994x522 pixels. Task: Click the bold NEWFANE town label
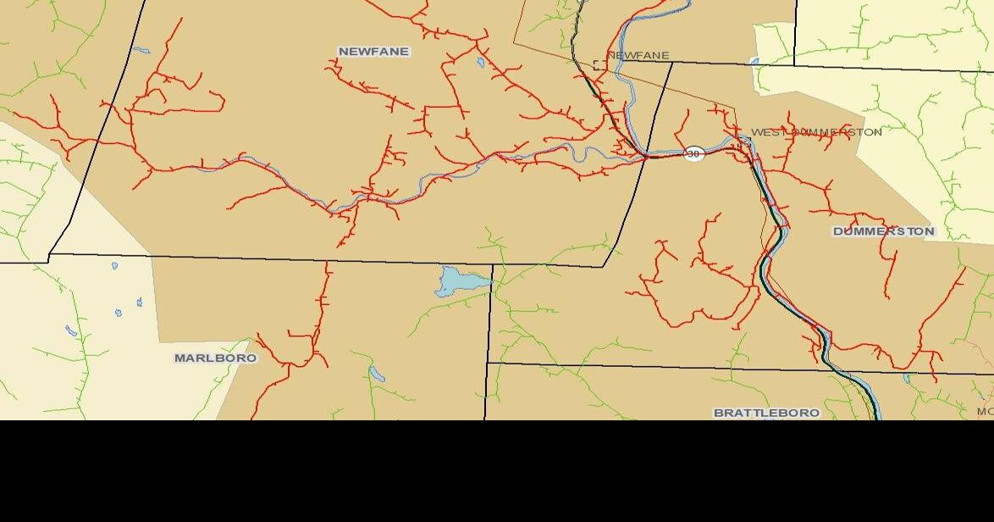click(x=373, y=52)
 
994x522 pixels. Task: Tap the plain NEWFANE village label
click(x=638, y=56)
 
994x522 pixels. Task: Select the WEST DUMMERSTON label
click(x=816, y=132)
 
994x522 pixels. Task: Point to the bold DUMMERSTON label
click(x=883, y=231)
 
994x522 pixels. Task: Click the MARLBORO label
click(x=215, y=358)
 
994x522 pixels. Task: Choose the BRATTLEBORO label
click(x=766, y=413)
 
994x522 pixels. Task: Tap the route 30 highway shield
click(x=694, y=153)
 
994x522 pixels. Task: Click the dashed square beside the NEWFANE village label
click(x=599, y=65)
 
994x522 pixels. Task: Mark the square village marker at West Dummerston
click(x=743, y=145)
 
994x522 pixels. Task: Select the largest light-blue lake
click(x=458, y=280)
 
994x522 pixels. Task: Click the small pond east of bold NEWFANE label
click(x=481, y=62)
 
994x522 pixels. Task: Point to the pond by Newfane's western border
click(x=141, y=50)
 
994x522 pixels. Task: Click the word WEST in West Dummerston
click(x=764, y=132)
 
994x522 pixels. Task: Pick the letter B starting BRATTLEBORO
click(x=719, y=413)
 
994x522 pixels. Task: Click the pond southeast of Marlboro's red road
click(x=376, y=374)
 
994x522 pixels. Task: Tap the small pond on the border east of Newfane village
click(x=754, y=61)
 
